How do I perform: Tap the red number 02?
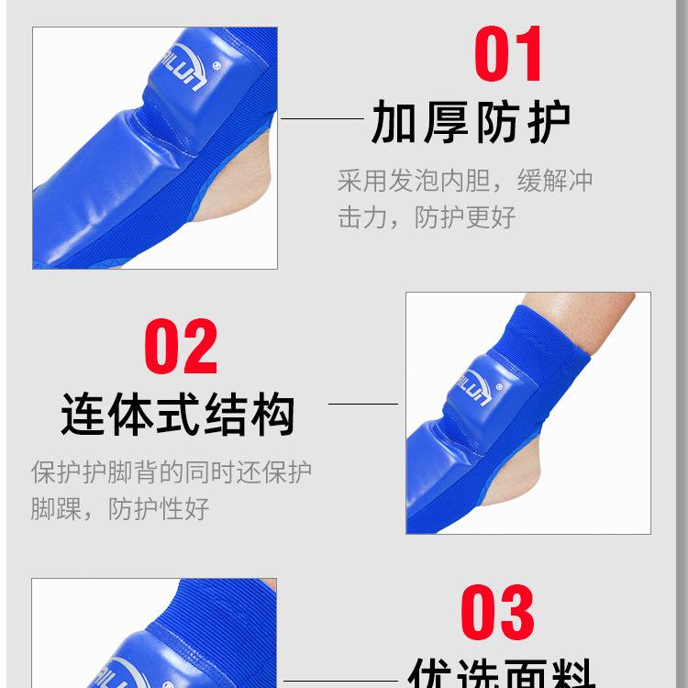(181, 347)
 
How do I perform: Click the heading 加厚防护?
(471, 123)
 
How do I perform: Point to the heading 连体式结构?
(179, 414)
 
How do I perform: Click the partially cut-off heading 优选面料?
(497, 675)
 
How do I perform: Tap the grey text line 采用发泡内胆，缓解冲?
(465, 180)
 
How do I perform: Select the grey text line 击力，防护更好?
(427, 217)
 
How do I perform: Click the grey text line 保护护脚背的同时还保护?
(172, 472)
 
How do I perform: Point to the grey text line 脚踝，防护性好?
(120, 508)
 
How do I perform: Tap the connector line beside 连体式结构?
(363, 403)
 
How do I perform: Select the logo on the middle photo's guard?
(474, 379)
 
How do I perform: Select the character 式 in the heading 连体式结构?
(178, 414)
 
